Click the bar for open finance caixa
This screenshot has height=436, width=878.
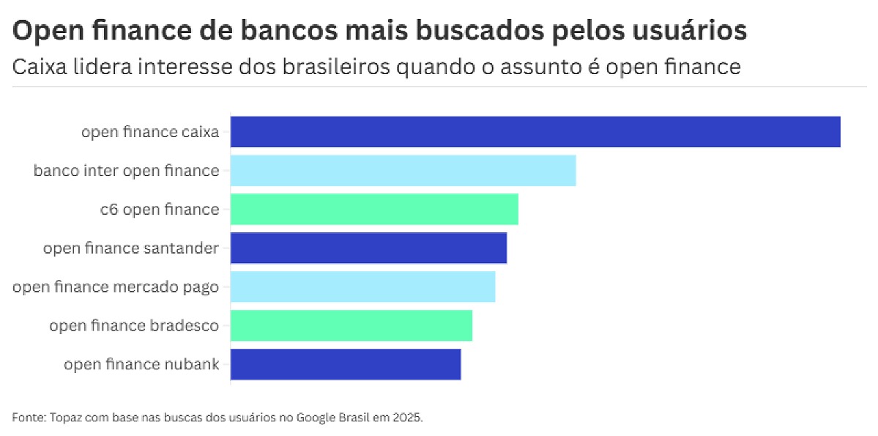click(535, 132)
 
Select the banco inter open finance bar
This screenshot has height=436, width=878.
click(403, 171)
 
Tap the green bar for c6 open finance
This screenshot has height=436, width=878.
click(374, 210)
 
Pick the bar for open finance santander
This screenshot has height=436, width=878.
click(368, 248)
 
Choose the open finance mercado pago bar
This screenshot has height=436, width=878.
click(362, 287)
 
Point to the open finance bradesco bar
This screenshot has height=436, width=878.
click(351, 325)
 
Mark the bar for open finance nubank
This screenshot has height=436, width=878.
click(345, 364)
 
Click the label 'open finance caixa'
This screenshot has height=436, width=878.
click(150, 133)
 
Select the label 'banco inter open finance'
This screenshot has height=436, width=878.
click(126, 171)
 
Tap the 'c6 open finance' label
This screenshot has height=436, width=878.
click(160, 210)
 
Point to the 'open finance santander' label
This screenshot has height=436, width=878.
click(131, 248)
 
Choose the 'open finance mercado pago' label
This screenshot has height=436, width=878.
click(116, 287)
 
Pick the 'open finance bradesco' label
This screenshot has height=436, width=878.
click(134, 325)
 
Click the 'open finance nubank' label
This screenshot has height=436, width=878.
click(141, 364)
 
